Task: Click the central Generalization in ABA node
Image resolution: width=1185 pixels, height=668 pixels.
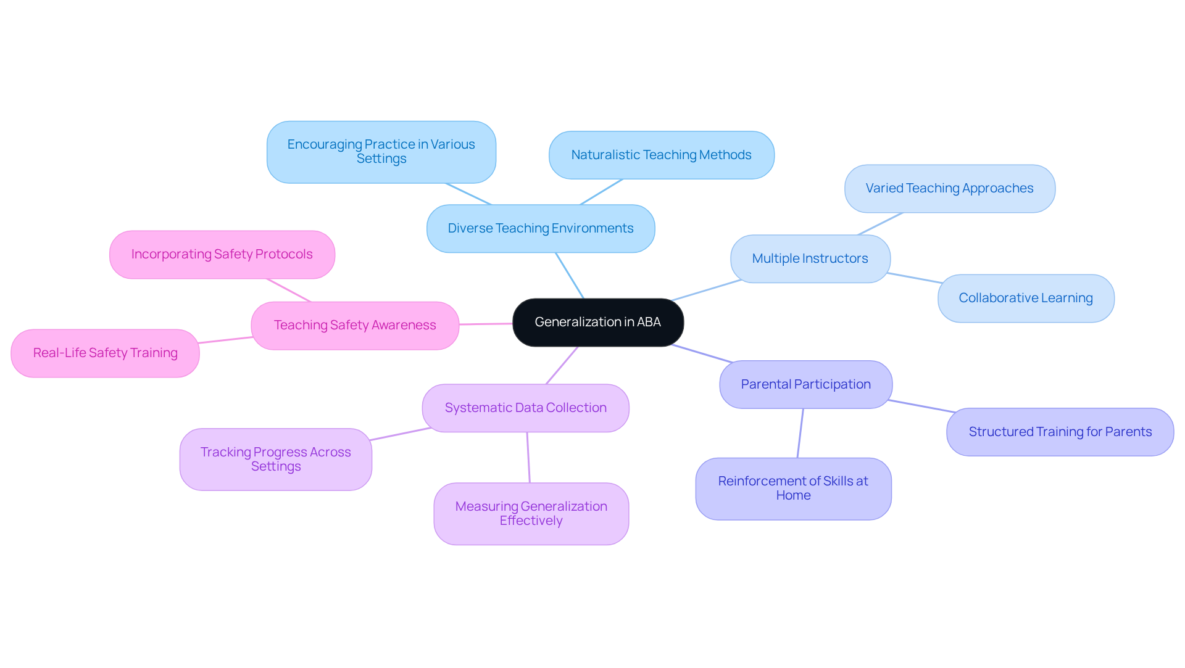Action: pyautogui.click(x=597, y=322)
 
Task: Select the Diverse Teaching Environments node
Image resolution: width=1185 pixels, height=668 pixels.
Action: pyautogui.click(x=540, y=228)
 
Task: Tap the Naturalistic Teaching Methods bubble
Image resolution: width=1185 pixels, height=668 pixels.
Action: pyautogui.click(x=661, y=155)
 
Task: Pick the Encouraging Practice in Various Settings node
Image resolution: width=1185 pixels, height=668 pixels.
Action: pyautogui.click(x=381, y=152)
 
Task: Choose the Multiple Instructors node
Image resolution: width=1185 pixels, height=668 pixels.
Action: pyautogui.click(x=810, y=258)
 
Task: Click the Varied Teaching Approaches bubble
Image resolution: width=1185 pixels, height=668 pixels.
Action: pyautogui.click(x=949, y=188)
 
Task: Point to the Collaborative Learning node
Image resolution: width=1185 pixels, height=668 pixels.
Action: pyautogui.click(x=1025, y=298)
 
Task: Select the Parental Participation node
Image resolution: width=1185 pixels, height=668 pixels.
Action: pyautogui.click(x=805, y=384)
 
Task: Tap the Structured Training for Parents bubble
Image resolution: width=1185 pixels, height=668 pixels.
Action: pyautogui.click(x=1060, y=432)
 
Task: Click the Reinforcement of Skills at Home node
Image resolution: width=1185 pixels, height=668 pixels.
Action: pyautogui.click(x=793, y=489)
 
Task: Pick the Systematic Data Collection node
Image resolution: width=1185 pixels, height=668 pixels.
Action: pyautogui.click(x=525, y=408)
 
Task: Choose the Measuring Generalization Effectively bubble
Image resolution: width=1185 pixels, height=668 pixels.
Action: pyautogui.click(x=531, y=513)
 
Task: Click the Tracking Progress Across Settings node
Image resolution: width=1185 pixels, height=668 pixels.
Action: pyautogui.click(x=275, y=459)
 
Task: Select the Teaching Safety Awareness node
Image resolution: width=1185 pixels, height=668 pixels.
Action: pyautogui.click(x=355, y=325)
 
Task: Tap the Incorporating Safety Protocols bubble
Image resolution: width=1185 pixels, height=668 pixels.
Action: pyautogui.click(x=222, y=254)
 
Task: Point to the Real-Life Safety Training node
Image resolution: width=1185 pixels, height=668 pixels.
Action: pyautogui.click(x=105, y=353)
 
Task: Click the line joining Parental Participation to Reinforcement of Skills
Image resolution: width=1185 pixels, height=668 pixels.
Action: pyautogui.click(x=800, y=433)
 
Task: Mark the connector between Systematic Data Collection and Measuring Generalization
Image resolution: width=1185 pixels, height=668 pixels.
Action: pyautogui.click(x=528, y=458)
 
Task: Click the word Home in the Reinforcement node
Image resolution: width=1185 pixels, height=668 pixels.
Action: pyautogui.click(x=793, y=496)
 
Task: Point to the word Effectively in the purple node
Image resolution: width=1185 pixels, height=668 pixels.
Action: pyautogui.click(x=531, y=521)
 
